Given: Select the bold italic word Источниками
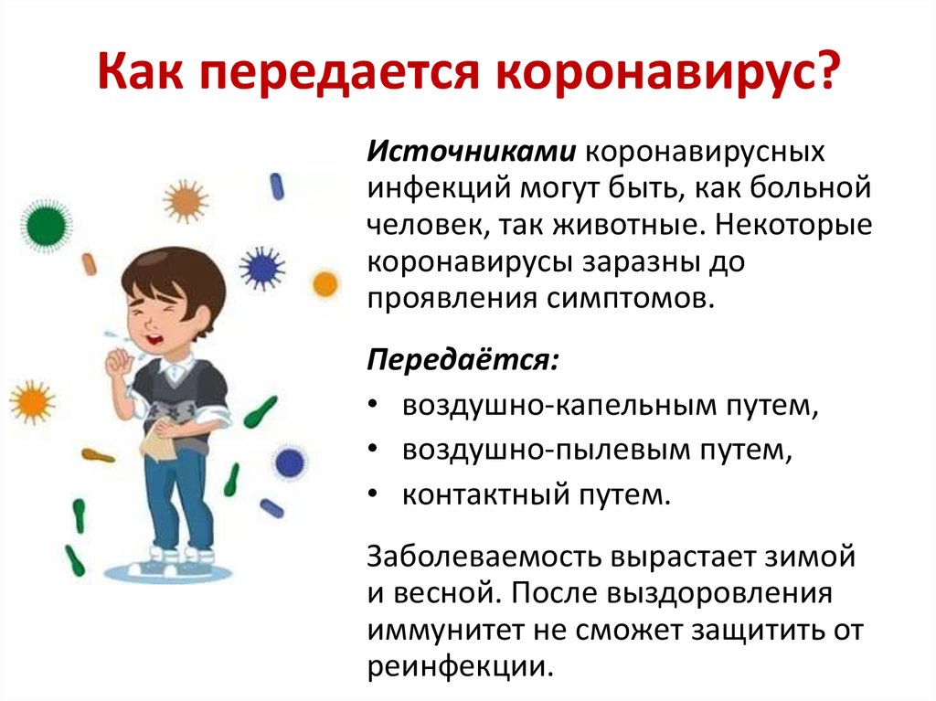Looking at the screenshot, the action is [x=472, y=151].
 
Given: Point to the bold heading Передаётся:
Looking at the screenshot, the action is [x=463, y=359].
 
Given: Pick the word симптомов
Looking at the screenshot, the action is [x=630, y=298].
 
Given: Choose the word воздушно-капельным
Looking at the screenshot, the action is [x=560, y=406].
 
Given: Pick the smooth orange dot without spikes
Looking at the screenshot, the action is [x=325, y=283].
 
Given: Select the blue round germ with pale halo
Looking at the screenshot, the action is [x=290, y=462].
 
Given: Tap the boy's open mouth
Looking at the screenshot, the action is [x=155, y=339].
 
